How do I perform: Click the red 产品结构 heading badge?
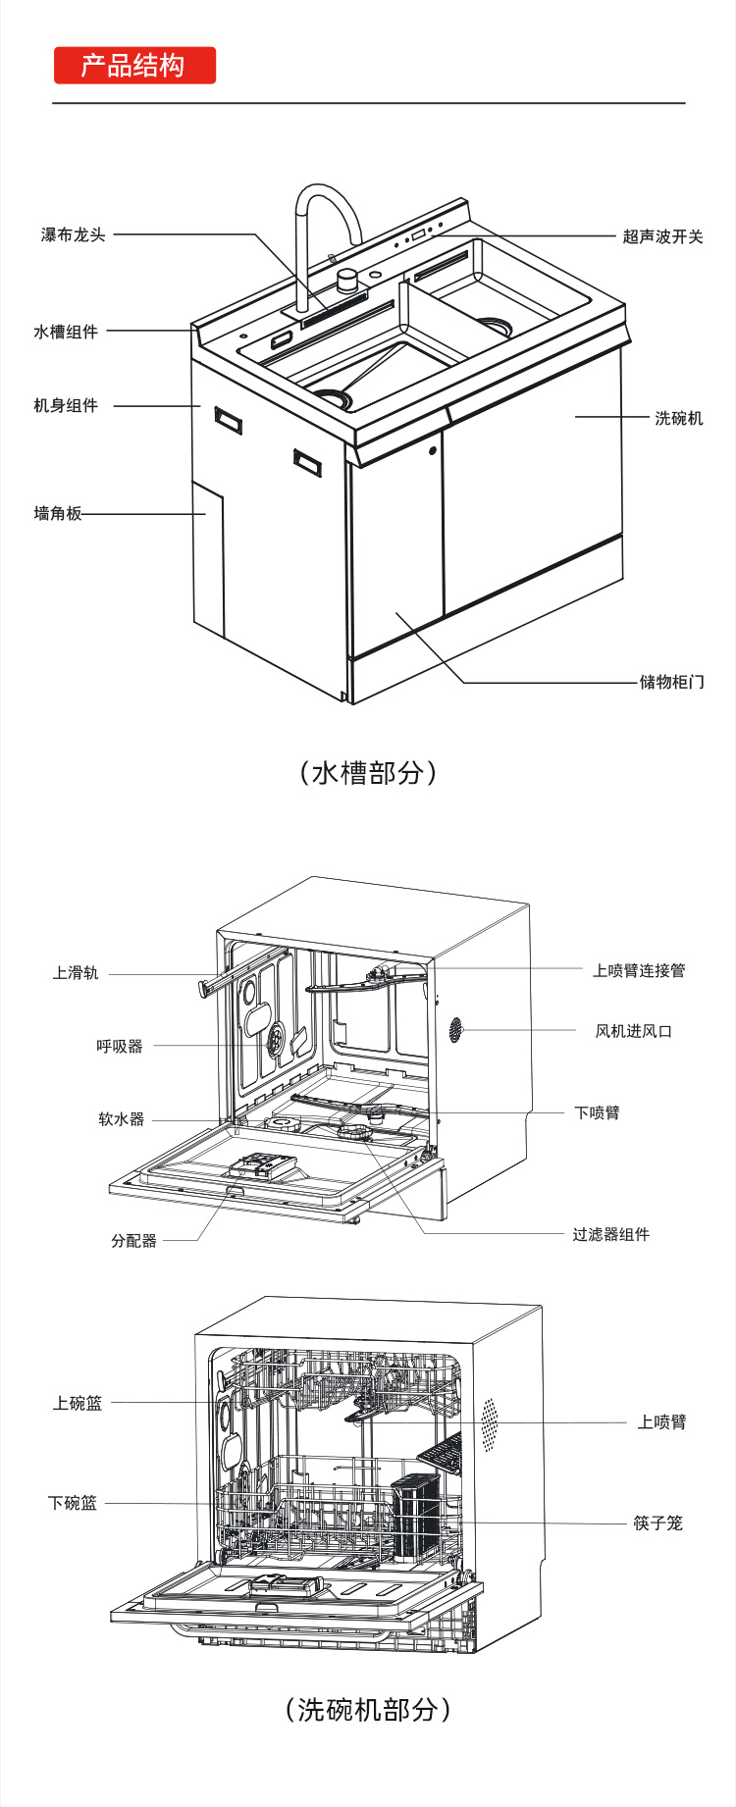click(x=134, y=66)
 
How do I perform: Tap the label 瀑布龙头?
click(x=73, y=235)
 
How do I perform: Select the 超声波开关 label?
click(x=662, y=236)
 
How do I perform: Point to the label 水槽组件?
click(x=66, y=332)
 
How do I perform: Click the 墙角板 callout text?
click(x=58, y=514)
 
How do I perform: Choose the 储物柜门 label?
click(x=671, y=682)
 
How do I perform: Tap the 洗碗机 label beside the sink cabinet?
click(x=678, y=418)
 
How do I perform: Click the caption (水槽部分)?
click(x=368, y=773)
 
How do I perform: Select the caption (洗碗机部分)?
click(x=368, y=1710)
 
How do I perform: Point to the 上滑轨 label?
click(x=76, y=973)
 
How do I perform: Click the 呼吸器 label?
click(x=120, y=1047)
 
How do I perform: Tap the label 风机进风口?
click(x=633, y=1031)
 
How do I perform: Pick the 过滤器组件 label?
click(x=610, y=1235)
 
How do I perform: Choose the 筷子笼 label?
click(x=657, y=1523)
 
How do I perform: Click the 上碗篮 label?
click(x=78, y=1404)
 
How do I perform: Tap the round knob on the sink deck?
click(x=346, y=282)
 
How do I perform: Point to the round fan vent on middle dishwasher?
click(x=456, y=1029)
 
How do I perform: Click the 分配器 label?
click(x=133, y=1241)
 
